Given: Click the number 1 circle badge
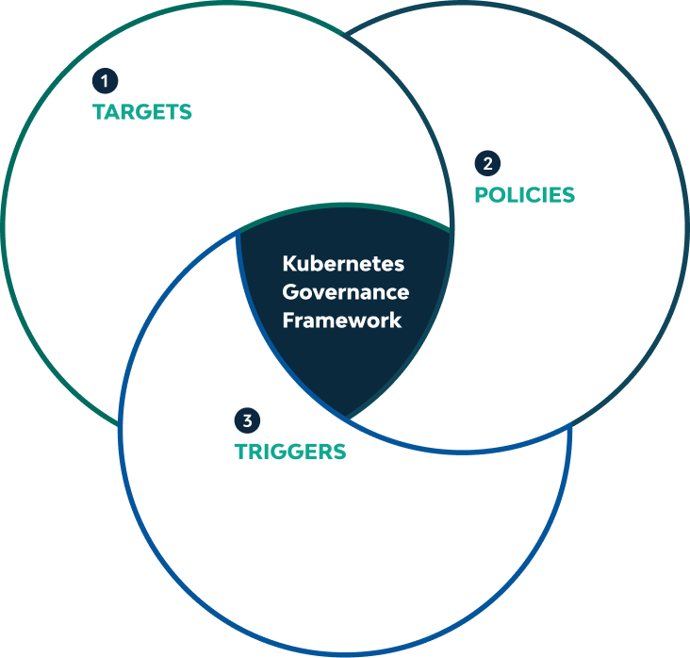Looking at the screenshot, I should pos(104,80).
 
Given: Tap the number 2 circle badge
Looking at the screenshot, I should pos(486,163).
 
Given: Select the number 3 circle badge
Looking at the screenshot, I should pos(247,420).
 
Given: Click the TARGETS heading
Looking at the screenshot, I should pos(142,112).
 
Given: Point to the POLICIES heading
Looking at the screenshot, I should pos(524,195).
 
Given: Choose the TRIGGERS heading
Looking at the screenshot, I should pos(290,452).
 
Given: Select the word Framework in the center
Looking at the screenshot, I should pos(342,320).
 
